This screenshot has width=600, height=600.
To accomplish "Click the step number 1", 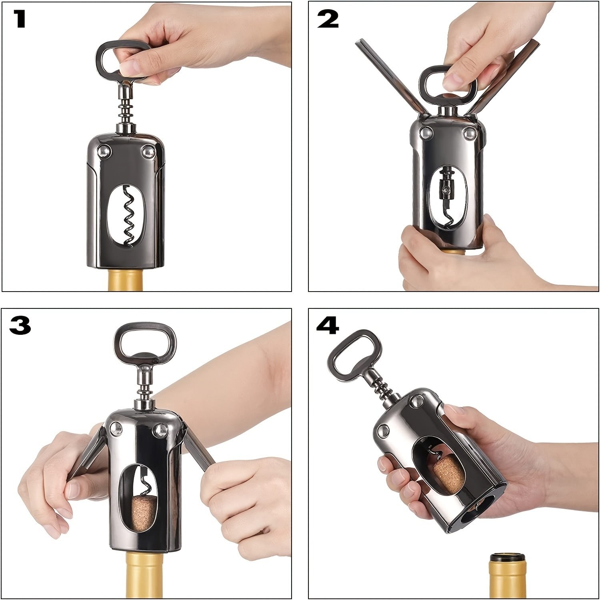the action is [19, 19].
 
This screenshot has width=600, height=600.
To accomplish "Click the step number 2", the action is [328, 19].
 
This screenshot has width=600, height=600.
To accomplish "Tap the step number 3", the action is [20, 325].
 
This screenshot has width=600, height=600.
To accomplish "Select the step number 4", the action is [328, 325].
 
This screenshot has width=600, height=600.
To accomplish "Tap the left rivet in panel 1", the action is [104, 151].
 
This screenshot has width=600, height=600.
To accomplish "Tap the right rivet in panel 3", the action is [162, 430].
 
